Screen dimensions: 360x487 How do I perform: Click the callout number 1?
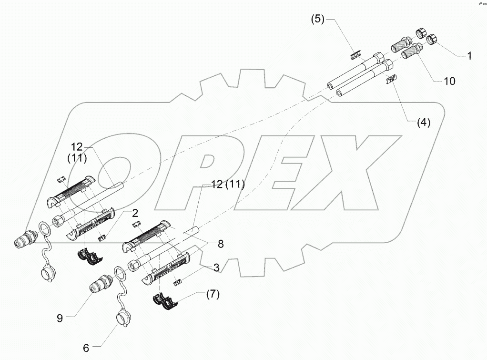coord(469,56)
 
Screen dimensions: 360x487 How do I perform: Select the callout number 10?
coord(449,81)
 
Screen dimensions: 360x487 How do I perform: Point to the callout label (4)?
coord(424,122)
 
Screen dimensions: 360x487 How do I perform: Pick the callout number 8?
coord(220,244)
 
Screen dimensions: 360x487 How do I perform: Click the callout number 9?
coord(60,319)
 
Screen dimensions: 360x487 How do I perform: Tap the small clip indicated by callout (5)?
coord(355,56)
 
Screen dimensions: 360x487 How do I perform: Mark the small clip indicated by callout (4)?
coord(392,81)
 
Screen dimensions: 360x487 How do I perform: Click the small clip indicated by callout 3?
coord(177,283)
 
